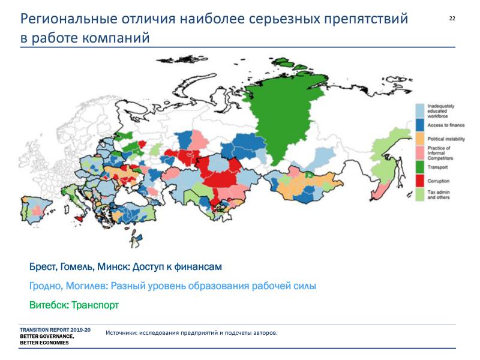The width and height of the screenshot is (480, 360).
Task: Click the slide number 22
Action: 452,19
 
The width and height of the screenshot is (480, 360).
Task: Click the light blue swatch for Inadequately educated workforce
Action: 419,110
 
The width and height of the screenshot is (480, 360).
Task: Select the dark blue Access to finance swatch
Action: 419,125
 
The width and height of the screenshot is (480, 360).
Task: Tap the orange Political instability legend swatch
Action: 419,139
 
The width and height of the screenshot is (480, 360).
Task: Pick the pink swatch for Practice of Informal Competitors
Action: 419,153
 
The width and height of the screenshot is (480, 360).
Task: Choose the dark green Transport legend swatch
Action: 419,167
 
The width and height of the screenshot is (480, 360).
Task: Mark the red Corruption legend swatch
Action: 419,181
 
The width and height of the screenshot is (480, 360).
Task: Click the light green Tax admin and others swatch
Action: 419,194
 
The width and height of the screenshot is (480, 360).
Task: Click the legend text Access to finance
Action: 446,125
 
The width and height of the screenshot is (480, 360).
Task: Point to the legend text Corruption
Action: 439,181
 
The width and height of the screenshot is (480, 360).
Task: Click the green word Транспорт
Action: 95,305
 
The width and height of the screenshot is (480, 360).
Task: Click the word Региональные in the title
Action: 69,19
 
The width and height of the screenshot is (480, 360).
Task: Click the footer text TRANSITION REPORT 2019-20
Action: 55,330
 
